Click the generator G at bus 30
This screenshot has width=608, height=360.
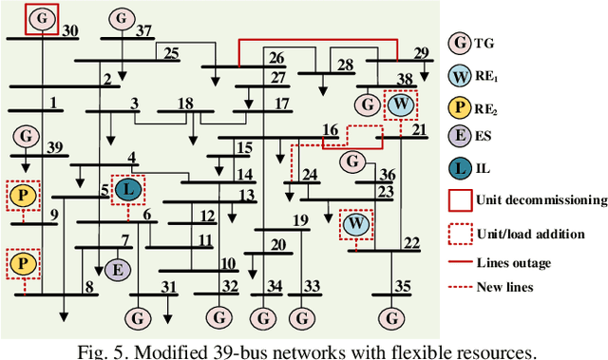click(x=42, y=18)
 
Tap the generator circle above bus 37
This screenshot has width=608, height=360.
click(x=120, y=18)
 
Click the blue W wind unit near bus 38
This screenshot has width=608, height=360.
click(x=402, y=103)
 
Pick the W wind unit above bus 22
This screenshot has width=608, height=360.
click(x=356, y=224)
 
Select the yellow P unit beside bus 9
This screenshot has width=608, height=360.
click(x=22, y=197)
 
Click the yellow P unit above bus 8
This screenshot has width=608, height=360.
click(x=22, y=262)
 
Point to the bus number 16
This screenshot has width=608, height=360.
click(x=331, y=129)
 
